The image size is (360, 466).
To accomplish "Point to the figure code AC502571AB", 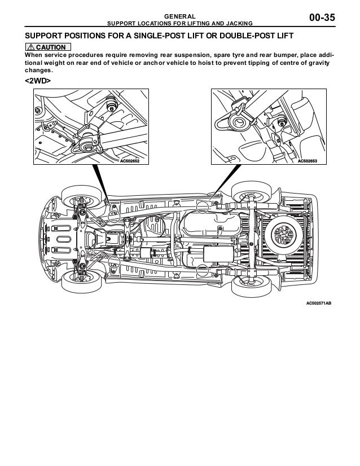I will coord(318,303).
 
